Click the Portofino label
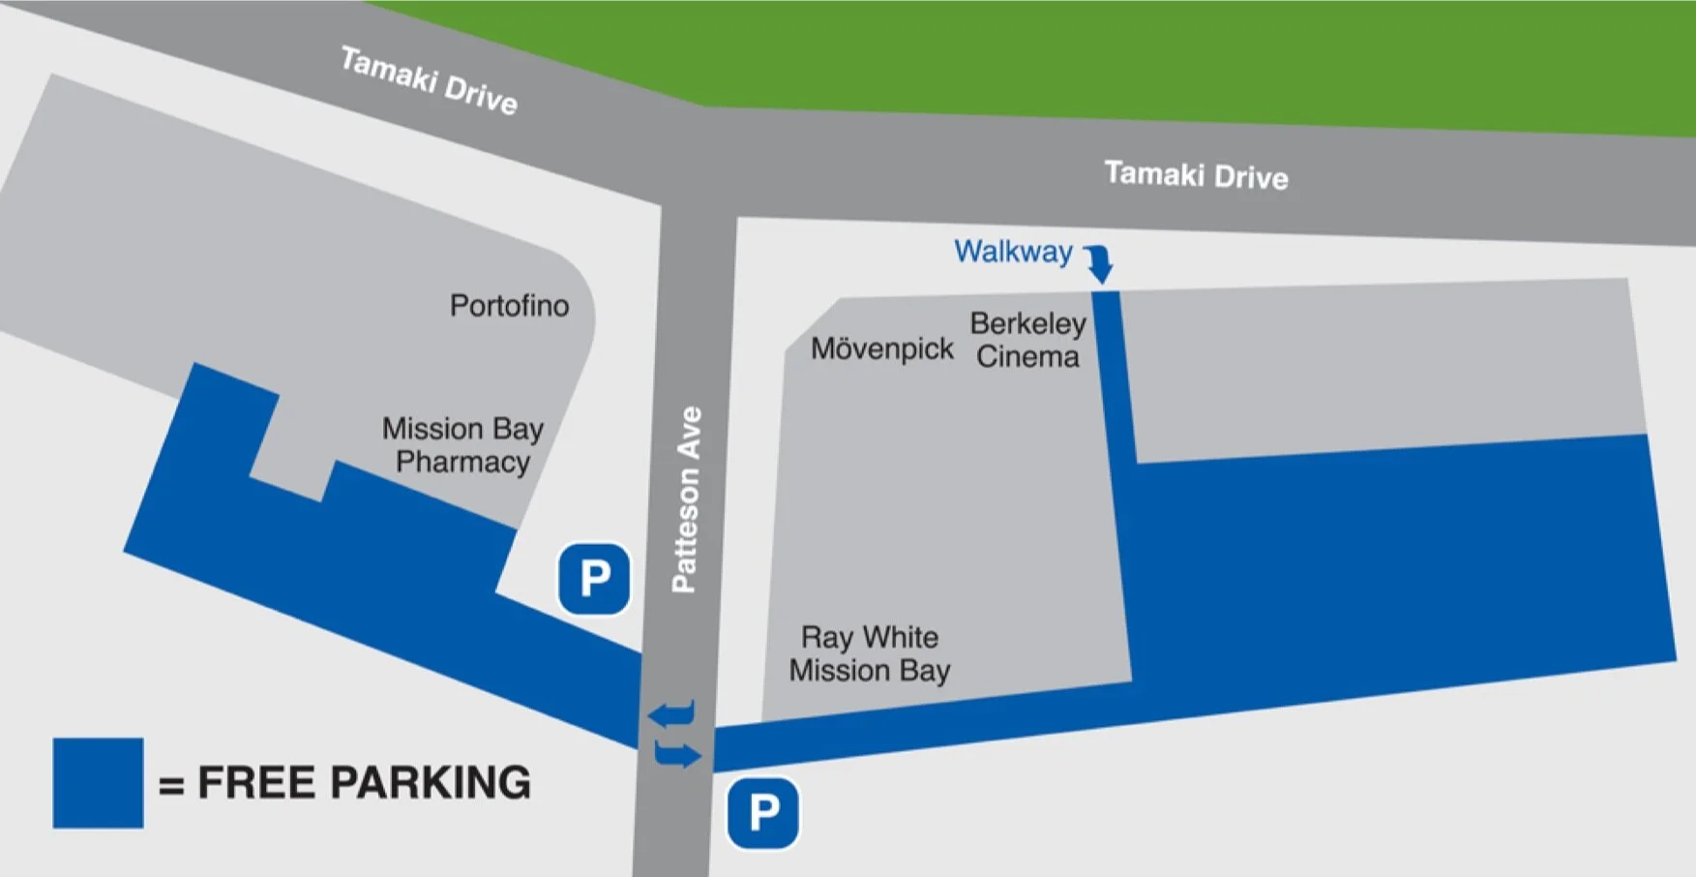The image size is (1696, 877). click(509, 306)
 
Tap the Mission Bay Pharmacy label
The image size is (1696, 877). click(462, 445)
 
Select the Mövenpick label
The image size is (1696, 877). click(881, 348)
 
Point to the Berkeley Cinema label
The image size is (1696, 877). click(1027, 340)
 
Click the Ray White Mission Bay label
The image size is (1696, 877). click(869, 653)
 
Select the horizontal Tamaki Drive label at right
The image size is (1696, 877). click(1196, 175)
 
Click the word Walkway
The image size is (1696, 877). click(1013, 252)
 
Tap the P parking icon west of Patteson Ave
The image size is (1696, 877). click(594, 579)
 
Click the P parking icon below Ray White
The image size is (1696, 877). click(763, 813)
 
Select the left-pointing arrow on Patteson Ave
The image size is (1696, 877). click(672, 714)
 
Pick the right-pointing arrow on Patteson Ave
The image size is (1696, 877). click(677, 754)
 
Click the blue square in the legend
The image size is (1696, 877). click(98, 783)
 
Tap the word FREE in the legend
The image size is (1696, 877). click(254, 783)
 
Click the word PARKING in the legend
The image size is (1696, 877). click(431, 783)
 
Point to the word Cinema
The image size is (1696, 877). click(1027, 357)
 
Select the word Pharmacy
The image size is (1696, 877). click(462, 463)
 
